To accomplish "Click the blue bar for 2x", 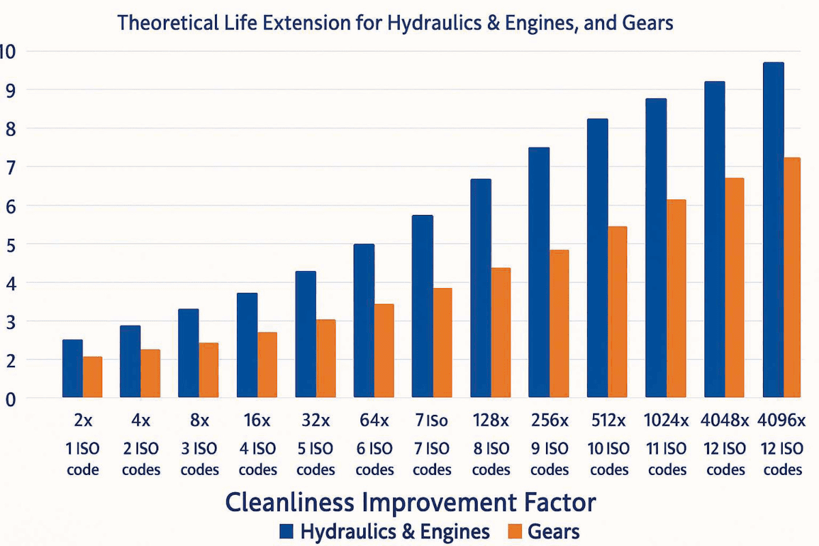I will [72, 369].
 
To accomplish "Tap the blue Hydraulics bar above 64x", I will [364, 321].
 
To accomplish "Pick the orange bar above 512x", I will [617, 312].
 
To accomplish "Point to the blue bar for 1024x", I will [656, 248].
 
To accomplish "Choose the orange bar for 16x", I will [268, 364].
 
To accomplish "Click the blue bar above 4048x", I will [715, 239].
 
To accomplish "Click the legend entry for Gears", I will [543, 532].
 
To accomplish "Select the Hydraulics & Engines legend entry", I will [382, 532].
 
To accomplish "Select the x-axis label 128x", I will [491, 420].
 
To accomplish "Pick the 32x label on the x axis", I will [315, 420].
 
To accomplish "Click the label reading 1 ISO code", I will [83, 459].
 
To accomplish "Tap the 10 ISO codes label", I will [608, 459].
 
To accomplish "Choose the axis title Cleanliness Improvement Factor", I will [410, 503].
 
